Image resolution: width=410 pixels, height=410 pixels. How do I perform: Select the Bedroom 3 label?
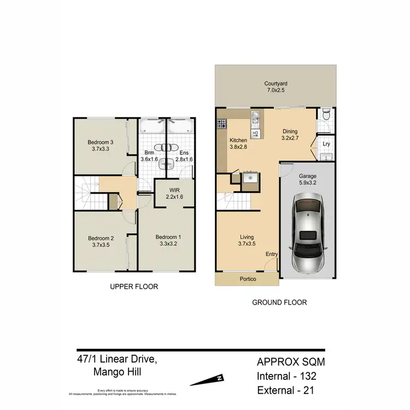click(101, 143)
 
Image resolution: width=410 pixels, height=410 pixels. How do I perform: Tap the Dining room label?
click(289, 131)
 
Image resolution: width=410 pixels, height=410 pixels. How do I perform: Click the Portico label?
click(247, 279)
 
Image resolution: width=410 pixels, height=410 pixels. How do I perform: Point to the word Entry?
click(272, 254)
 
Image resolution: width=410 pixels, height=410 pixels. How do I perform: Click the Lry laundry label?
click(326, 144)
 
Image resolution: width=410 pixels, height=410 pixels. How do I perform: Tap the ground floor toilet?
click(326, 116)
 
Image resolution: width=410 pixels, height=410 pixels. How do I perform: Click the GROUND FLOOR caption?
click(279, 302)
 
